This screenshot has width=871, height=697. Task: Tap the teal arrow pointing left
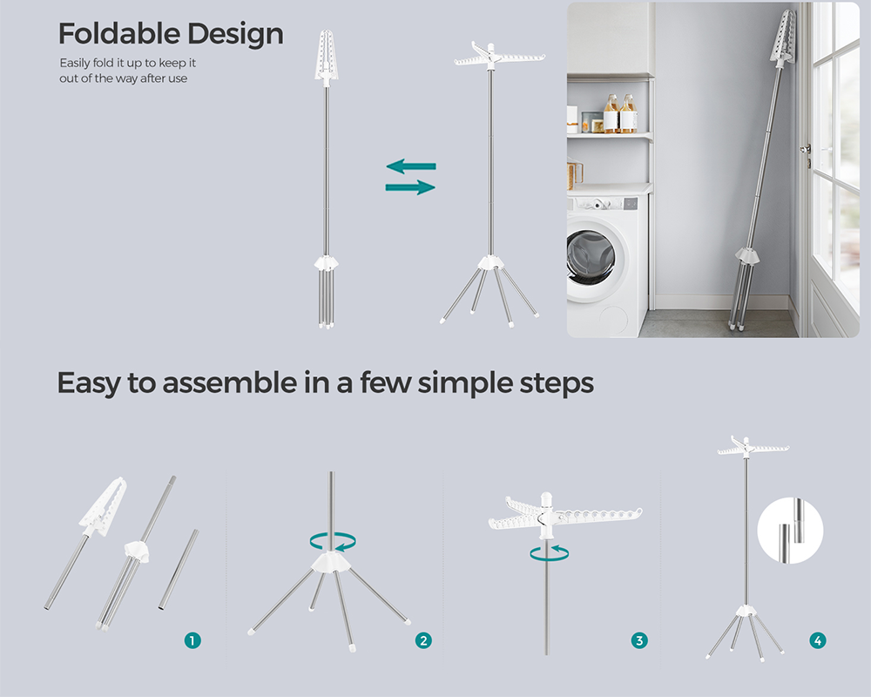tap(410, 166)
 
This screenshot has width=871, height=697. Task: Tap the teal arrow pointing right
tap(410, 186)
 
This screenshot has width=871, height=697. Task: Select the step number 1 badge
tap(193, 640)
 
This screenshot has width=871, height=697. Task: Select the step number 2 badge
tap(423, 640)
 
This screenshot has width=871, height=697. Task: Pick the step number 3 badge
tap(639, 640)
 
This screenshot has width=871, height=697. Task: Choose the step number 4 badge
tap(816, 640)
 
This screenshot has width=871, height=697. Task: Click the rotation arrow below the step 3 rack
tap(549, 553)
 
